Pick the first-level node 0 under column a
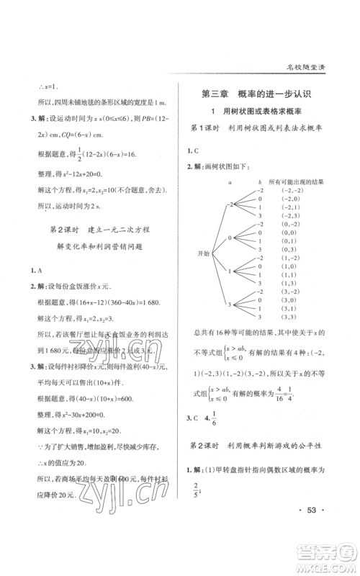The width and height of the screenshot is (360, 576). tap(230, 238)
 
